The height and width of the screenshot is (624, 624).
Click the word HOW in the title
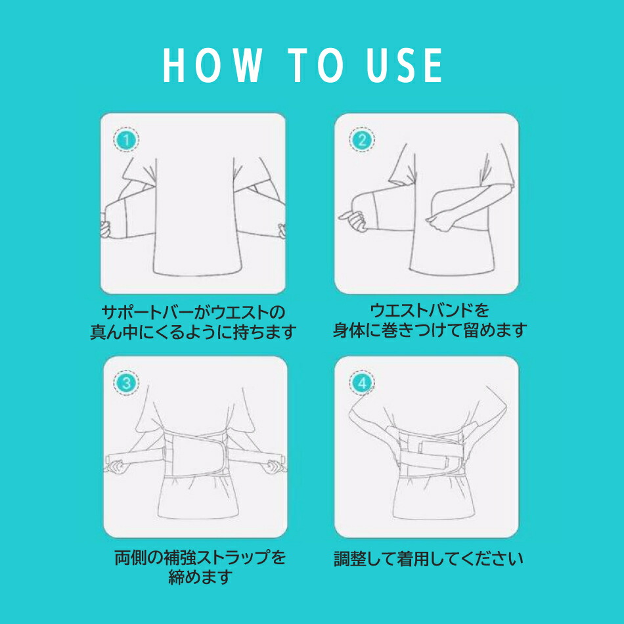[212, 65]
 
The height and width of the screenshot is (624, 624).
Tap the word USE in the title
[405, 65]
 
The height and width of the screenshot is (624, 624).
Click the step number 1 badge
[127, 140]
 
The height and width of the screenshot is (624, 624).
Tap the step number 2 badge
[362, 140]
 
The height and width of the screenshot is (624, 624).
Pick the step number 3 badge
[127, 383]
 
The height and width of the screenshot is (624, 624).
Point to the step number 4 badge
[362, 383]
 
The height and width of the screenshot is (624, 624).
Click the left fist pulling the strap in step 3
[117, 466]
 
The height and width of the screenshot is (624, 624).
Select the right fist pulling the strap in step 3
[276, 466]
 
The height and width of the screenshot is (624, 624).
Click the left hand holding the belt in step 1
[105, 228]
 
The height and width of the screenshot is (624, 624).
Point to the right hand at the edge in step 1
[282, 231]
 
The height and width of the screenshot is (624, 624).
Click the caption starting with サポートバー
[193, 322]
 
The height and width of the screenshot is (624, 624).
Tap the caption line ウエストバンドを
[430, 311]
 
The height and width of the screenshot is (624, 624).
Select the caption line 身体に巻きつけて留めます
[430, 330]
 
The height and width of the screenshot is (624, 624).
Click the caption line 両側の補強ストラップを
[200, 558]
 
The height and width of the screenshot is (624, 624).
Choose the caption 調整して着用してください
[428, 559]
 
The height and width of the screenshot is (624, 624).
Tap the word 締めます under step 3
[200, 577]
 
